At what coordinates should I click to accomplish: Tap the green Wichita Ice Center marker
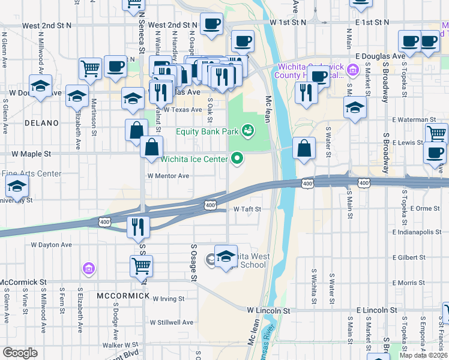click(x=238, y=158)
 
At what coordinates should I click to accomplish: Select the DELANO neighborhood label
click(x=42, y=123)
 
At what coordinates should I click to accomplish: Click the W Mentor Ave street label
click(x=168, y=176)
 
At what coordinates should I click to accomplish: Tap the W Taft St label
click(x=248, y=209)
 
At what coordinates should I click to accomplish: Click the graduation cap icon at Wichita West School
click(x=226, y=256)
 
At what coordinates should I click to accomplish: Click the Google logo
click(x=20, y=353)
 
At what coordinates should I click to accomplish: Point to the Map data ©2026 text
click(x=424, y=355)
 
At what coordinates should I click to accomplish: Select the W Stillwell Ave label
click(x=172, y=322)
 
